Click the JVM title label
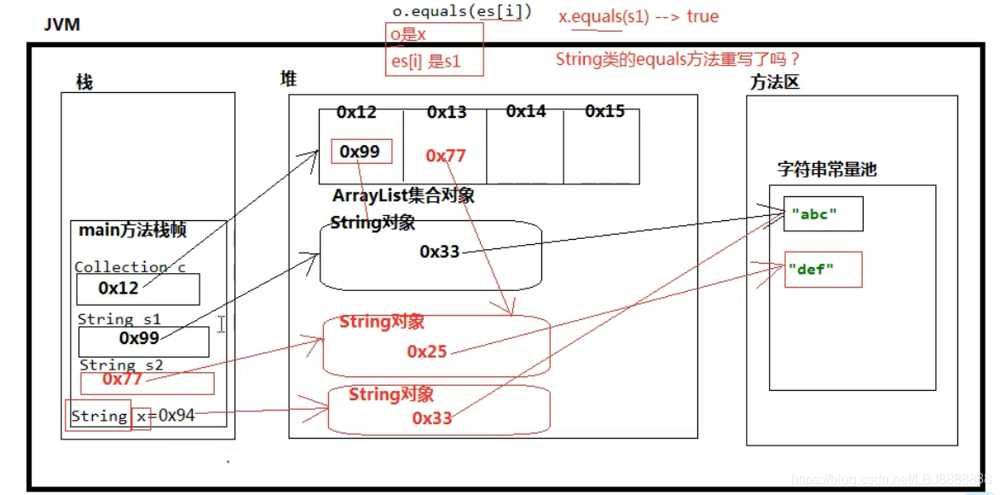[x=62, y=25]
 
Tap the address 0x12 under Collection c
[x=118, y=288]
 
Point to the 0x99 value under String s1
[x=140, y=339]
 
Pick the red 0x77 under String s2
[x=123, y=378]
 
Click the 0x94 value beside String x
[x=176, y=416]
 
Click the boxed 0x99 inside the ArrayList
[x=360, y=152]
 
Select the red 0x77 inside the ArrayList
[x=446, y=155]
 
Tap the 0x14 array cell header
[x=525, y=112]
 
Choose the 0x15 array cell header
[x=605, y=112]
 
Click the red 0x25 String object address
[x=426, y=352]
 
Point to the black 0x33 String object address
[x=439, y=252]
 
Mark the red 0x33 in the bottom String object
[x=432, y=418]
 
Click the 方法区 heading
[x=775, y=83]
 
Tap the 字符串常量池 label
[x=826, y=169]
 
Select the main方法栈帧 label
[x=132, y=230]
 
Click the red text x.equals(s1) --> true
[x=639, y=16]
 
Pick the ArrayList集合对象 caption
[x=403, y=196]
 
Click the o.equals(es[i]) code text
[x=461, y=12]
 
